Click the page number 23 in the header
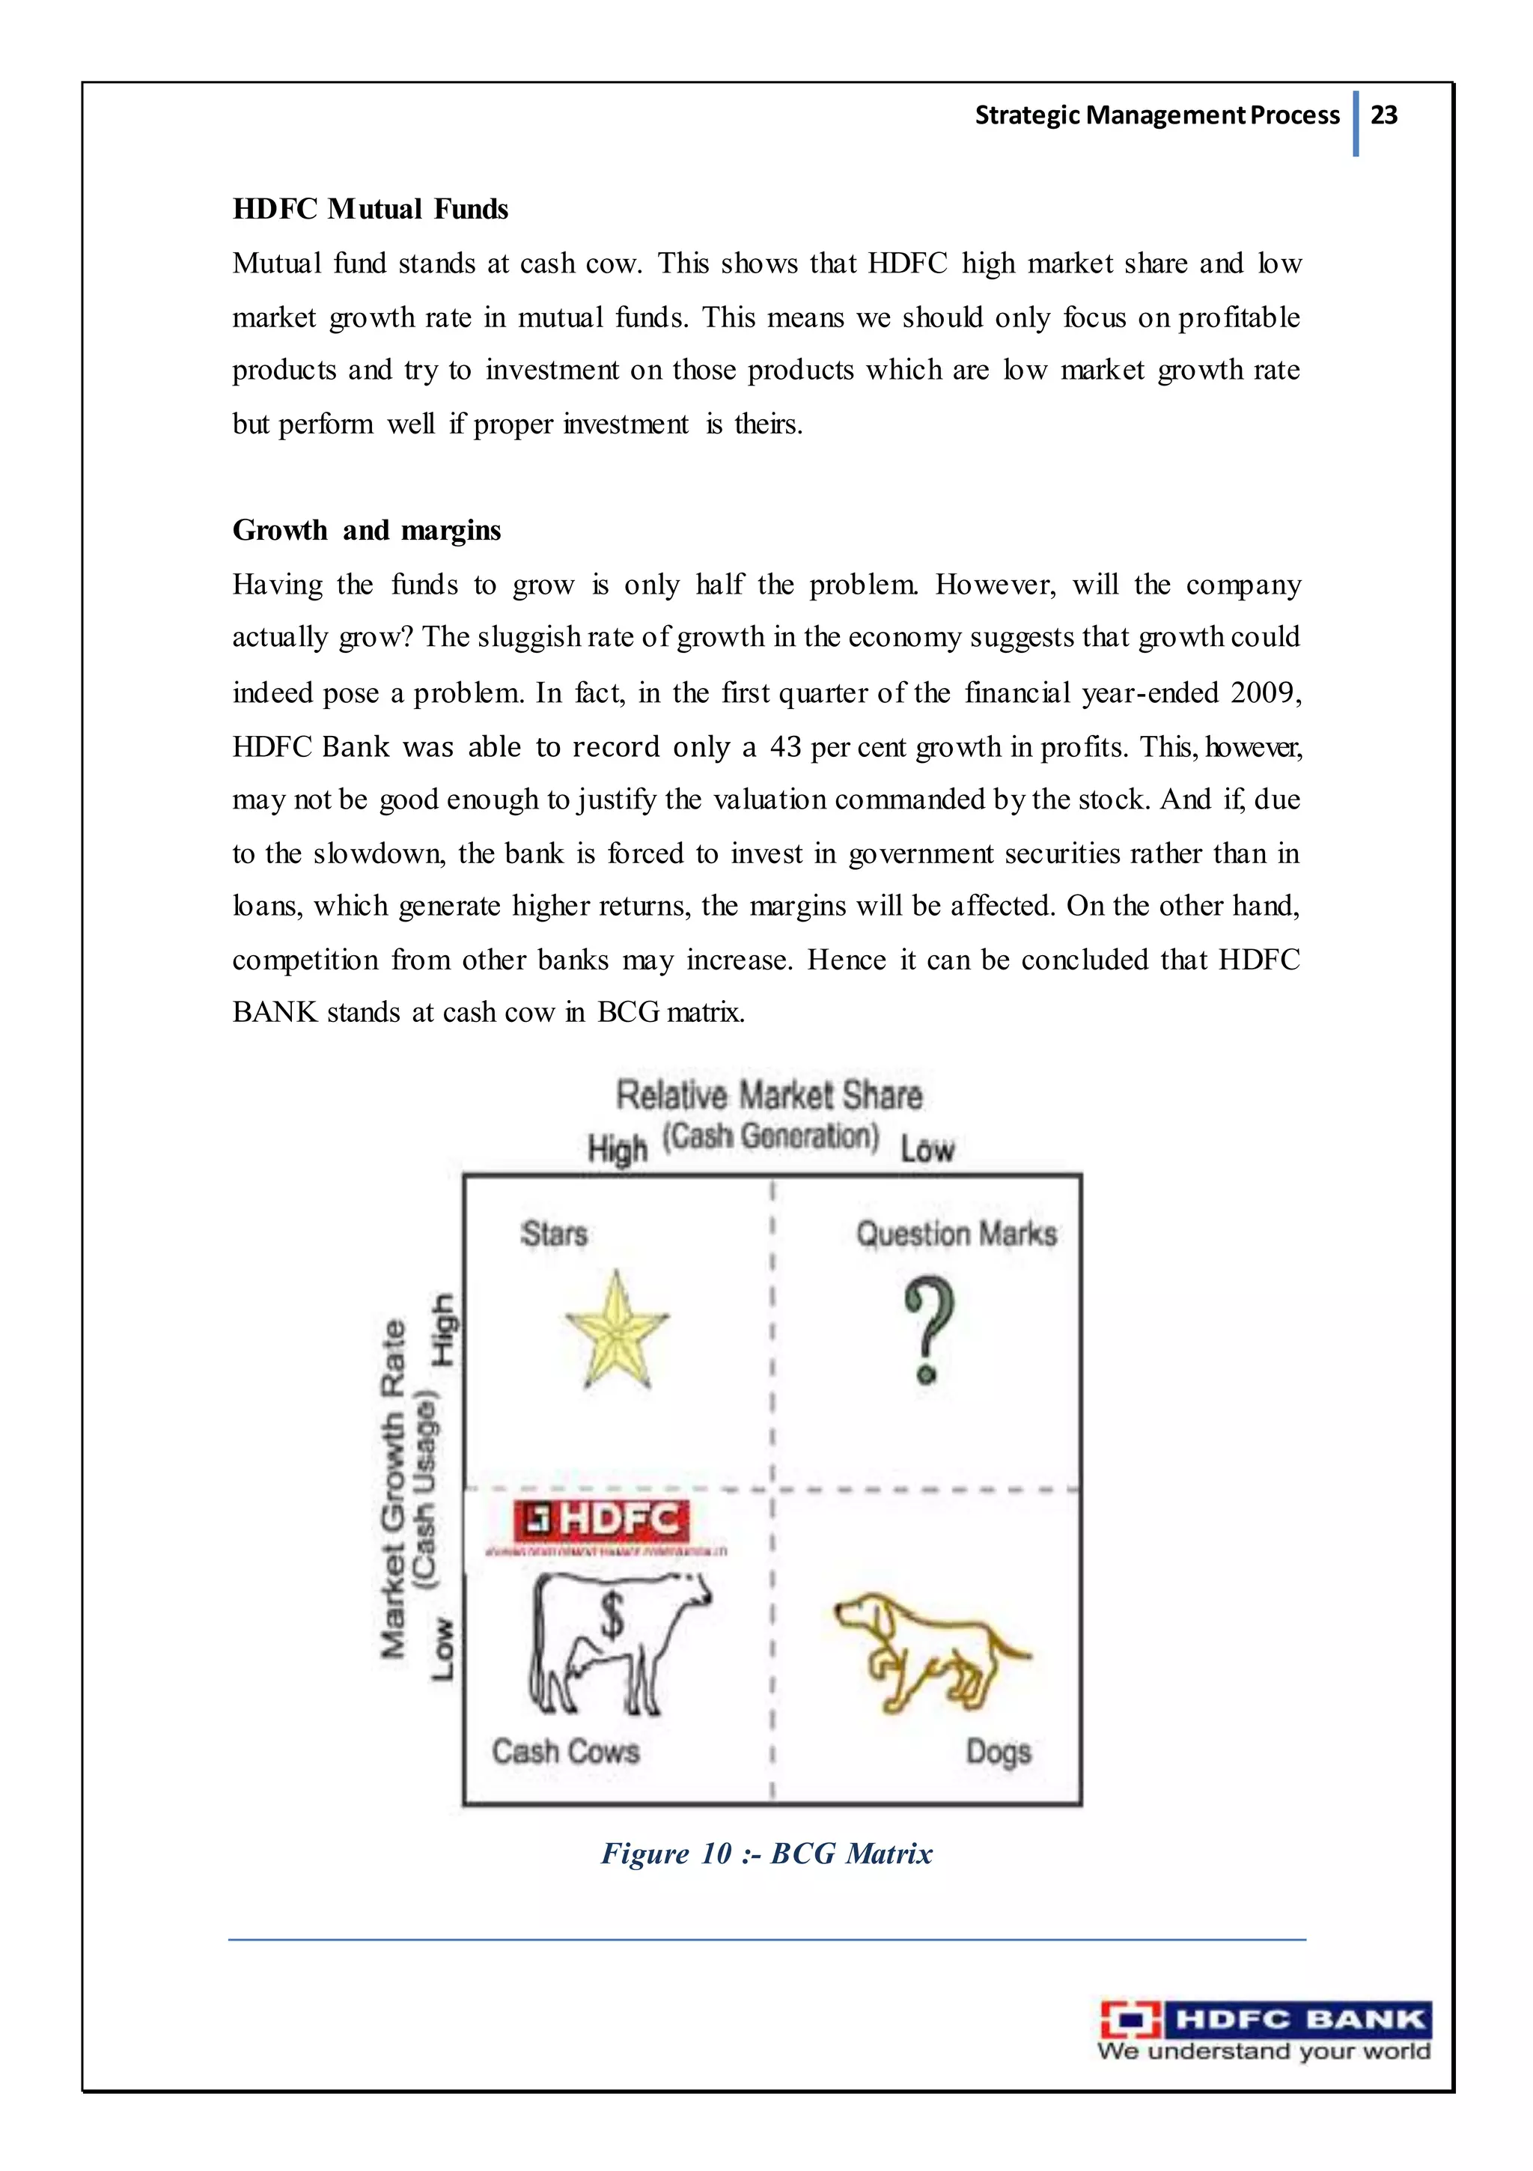coord(1383,115)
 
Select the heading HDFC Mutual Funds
coord(370,209)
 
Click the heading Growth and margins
coord(366,531)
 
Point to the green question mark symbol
coord(929,1329)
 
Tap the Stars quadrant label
coord(554,1234)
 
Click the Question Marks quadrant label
coord(956,1234)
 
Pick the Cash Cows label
coord(566,1751)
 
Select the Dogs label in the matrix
coord(998,1752)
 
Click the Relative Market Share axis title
coord(769,1096)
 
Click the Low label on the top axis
coord(927,1150)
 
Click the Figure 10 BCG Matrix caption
coord(767,1854)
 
